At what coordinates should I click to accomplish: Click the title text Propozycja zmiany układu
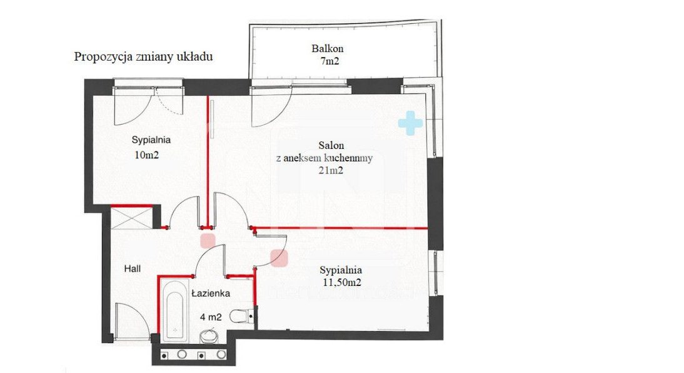tap(144, 57)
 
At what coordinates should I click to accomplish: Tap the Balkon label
tap(327, 48)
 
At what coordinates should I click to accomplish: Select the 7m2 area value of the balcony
tap(329, 61)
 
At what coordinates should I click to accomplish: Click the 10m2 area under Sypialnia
tap(146, 155)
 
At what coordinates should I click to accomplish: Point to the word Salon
tap(331, 145)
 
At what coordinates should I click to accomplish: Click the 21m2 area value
tap(331, 170)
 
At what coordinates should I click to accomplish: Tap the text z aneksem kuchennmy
tap(324, 158)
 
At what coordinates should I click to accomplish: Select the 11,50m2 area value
tap(341, 283)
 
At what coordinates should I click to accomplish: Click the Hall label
tap(132, 268)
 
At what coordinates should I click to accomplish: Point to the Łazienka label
tap(211, 293)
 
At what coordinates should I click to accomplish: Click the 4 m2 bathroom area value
tap(211, 317)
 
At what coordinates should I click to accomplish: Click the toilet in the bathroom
tap(242, 316)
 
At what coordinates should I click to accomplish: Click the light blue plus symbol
tap(411, 123)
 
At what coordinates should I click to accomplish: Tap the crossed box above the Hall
tap(131, 218)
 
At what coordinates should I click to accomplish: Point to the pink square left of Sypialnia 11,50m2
tap(279, 258)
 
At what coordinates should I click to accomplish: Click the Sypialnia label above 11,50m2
tap(341, 270)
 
